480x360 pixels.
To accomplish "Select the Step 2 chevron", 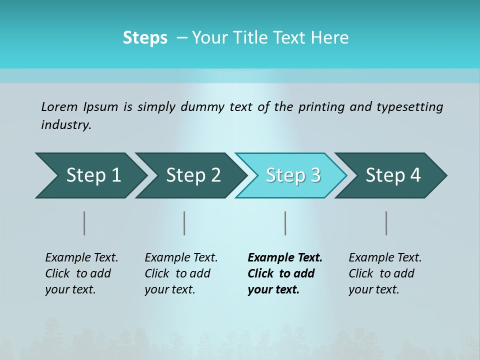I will coord(193,175).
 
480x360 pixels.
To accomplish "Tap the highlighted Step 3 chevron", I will coord(293,175).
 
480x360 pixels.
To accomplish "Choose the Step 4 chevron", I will coord(393,175).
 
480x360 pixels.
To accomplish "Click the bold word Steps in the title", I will coord(145,38).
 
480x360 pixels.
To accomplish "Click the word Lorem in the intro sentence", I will coord(59,107).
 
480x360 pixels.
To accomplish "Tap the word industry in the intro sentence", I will coord(66,125).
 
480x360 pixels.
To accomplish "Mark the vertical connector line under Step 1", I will coord(84,223).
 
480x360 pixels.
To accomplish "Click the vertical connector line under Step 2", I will coord(184,223).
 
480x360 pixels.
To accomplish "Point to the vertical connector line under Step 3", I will coord(285,223).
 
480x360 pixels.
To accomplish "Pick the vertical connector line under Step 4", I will coord(386,223).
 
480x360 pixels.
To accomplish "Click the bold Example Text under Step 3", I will coord(285,258).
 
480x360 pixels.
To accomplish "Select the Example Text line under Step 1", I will coord(81,258).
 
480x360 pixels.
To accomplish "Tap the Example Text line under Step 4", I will coord(385,258).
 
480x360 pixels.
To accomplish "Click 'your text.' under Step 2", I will coord(169,289).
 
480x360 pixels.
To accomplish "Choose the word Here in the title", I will coord(332,38).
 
